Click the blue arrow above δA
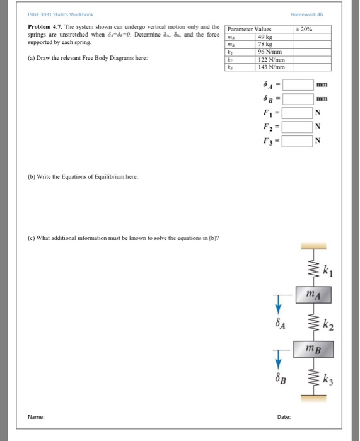(276, 302)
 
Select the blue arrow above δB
(276, 357)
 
